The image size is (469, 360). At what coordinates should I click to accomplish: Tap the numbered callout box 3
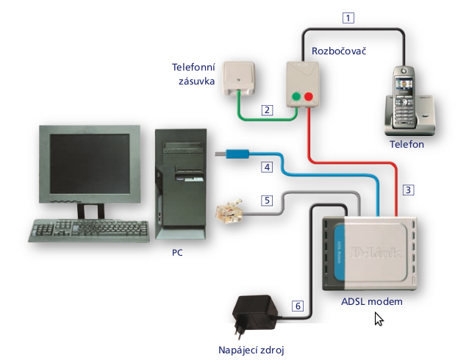(x=409, y=189)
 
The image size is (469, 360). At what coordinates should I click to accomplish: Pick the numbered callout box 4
(x=268, y=168)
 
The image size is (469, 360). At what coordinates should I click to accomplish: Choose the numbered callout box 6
(x=296, y=306)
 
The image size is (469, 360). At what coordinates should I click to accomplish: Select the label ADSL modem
(x=372, y=301)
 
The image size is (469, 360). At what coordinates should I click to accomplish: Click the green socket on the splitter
(x=296, y=96)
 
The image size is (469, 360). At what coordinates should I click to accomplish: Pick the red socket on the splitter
(x=309, y=96)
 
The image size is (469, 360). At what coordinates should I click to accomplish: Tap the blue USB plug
(x=233, y=154)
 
